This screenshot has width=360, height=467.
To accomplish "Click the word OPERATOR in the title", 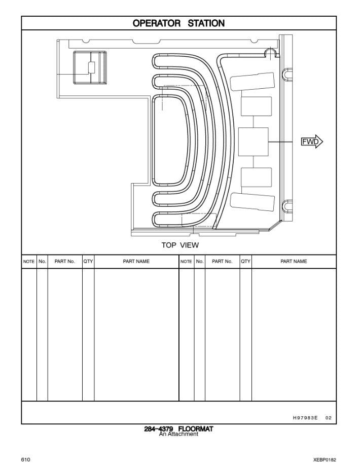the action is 156,23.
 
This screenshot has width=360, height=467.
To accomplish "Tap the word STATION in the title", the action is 206,23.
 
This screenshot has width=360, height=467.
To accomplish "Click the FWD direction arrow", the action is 312,141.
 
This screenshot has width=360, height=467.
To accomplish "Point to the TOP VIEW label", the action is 180,245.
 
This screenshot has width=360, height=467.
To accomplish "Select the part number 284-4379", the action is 158,429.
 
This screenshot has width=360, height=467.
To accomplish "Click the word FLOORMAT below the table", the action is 196,429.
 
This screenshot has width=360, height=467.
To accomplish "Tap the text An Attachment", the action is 178,434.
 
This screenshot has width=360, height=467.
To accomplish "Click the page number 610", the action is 26,459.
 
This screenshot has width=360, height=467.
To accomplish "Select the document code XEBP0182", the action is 325,460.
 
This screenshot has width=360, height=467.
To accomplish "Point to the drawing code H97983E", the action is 305,418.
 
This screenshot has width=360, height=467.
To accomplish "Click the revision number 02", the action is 329,418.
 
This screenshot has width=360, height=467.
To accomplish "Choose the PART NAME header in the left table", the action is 136,261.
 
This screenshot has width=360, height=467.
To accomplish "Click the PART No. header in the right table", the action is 222,261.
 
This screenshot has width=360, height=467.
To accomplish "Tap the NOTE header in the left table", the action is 29,262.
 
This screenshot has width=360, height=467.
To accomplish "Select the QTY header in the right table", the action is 245,261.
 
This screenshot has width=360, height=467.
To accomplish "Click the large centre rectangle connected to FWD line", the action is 254,142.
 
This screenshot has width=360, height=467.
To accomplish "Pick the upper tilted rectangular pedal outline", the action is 252,81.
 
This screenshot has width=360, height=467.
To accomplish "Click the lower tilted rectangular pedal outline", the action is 252,202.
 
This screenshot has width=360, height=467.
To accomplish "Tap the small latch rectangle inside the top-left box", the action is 92,67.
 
